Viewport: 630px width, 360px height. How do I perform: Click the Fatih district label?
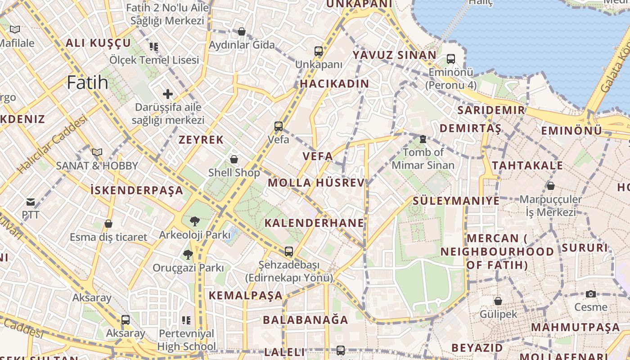coord(88,83)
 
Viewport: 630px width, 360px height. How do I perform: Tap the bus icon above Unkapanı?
coord(319,51)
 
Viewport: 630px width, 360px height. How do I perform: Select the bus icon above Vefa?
coord(279,126)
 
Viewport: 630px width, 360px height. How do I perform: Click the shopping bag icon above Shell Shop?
coord(234,159)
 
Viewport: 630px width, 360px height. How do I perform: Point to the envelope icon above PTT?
coord(31,202)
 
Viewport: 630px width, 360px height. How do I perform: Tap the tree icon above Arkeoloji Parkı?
coord(195,221)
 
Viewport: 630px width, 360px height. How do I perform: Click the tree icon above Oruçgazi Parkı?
coord(188,255)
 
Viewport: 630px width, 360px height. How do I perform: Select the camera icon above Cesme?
coord(591,294)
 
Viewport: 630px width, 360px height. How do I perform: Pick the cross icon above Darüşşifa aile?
coord(168,94)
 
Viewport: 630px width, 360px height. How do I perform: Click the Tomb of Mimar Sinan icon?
coord(423,139)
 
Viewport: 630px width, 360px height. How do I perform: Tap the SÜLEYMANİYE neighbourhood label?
coord(456,201)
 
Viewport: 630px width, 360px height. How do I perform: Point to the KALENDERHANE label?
coord(314,223)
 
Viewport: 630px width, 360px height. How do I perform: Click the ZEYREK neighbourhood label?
coord(201,139)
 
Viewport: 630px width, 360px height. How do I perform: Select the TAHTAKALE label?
coord(527,166)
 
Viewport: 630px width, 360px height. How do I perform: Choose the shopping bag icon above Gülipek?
coord(498,301)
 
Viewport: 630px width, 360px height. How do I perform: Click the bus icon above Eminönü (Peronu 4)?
coord(451,59)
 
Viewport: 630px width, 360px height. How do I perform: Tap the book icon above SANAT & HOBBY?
coord(97,152)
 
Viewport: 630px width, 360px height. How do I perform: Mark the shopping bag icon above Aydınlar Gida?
coord(242,31)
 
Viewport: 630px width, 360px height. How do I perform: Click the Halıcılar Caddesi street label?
coord(53,145)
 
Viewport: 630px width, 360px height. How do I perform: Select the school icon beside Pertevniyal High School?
coord(186,320)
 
